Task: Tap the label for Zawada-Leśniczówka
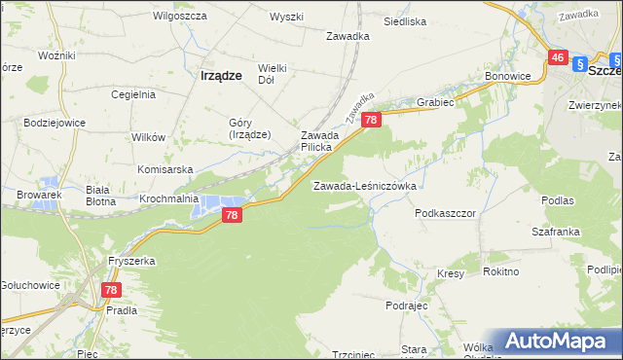coord(364,185)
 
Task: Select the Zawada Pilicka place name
coord(317,140)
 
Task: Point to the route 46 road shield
coord(558,58)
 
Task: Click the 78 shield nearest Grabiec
coord(371,120)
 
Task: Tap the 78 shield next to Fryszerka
coord(111,290)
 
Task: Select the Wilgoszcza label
coord(177,17)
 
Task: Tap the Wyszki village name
coord(286,17)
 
